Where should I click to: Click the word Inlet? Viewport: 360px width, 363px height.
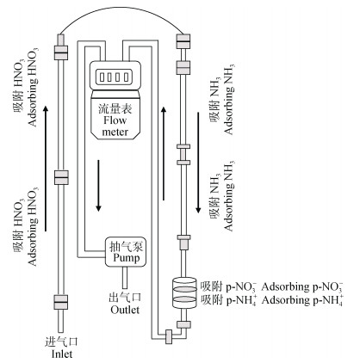(62, 354)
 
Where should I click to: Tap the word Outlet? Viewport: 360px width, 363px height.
(125, 310)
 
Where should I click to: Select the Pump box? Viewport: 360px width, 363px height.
(126, 252)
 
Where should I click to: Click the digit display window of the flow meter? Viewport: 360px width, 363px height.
(115, 77)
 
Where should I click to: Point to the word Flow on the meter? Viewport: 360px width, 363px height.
(115, 120)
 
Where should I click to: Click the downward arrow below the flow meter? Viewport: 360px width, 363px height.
(98, 186)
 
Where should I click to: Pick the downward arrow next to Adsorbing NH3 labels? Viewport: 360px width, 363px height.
(198, 163)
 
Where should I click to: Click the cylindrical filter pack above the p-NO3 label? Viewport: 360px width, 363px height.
(183, 293)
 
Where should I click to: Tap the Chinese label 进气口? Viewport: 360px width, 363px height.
(62, 341)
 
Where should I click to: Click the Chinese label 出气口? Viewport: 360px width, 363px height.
(125, 298)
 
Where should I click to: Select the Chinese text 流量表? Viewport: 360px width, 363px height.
(115, 108)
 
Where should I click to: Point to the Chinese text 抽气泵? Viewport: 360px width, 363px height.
(127, 246)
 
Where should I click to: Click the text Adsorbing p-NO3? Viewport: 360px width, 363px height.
(302, 287)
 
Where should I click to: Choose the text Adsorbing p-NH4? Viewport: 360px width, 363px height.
(302, 300)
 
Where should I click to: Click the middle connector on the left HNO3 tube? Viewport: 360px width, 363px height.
(61, 177)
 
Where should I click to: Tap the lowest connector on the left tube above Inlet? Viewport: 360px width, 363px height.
(61, 302)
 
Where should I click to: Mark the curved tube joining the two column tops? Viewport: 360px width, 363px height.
(122, 12)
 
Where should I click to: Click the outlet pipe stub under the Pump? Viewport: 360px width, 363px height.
(125, 278)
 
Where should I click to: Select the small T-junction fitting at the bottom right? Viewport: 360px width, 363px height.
(169, 336)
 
